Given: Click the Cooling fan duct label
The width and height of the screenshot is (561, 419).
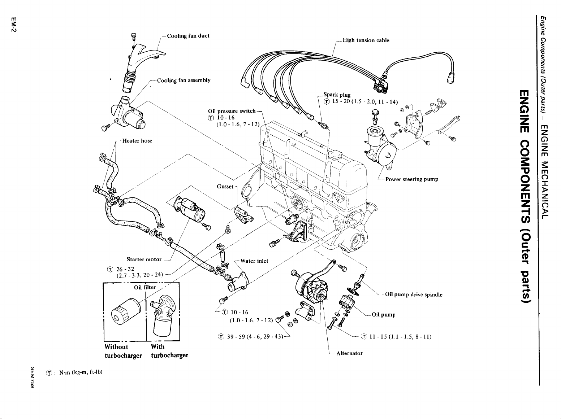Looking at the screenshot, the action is pyautogui.click(x=188, y=36).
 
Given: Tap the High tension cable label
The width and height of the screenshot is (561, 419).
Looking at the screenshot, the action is pyautogui.click(x=366, y=40).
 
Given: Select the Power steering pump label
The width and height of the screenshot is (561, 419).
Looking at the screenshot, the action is pyautogui.click(x=412, y=179).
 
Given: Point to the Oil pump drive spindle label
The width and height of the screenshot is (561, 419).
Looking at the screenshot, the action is pyautogui.click(x=414, y=294).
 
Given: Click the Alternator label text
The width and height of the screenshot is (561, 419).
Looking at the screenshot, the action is pyautogui.click(x=349, y=353).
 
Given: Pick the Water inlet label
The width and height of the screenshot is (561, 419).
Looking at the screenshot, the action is pyautogui.click(x=254, y=261).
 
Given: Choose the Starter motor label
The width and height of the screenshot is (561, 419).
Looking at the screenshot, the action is pyautogui.click(x=144, y=259).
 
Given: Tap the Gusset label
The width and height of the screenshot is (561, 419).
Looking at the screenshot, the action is pyautogui.click(x=225, y=187).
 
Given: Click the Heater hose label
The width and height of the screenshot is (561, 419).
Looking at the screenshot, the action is pyautogui.click(x=137, y=141).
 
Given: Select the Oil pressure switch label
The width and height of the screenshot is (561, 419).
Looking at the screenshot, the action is pyautogui.click(x=232, y=111).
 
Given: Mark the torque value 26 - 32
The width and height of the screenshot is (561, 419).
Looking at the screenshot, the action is pyautogui.click(x=125, y=269).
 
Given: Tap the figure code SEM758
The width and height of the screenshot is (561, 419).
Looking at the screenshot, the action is pyautogui.click(x=33, y=378).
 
